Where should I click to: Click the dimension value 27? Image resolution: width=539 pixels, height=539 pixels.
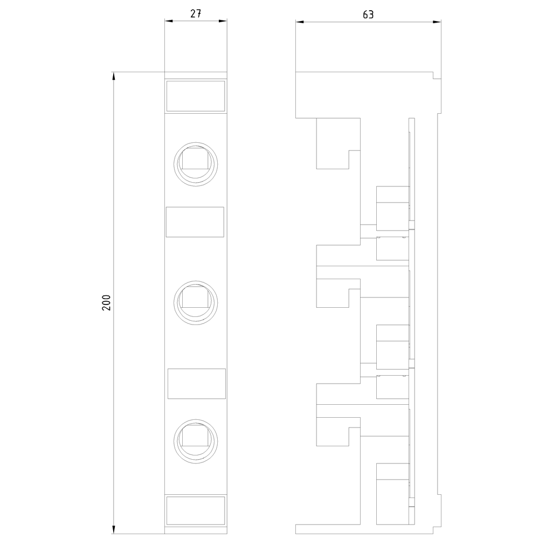tap(196, 13)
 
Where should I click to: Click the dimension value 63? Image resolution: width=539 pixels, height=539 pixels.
tap(368, 15)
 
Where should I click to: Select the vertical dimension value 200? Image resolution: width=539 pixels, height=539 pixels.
tap(106, 303)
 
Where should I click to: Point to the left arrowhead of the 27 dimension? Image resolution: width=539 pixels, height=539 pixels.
tap(169, 21)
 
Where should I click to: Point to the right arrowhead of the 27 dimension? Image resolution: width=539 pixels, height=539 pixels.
tap(223, 21)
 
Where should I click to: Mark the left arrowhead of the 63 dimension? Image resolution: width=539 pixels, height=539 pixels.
tap(300, 22)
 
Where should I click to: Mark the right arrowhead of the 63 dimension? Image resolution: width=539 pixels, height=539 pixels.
tap(437, 22)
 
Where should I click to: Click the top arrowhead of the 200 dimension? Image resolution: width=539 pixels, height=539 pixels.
tap(113, 76)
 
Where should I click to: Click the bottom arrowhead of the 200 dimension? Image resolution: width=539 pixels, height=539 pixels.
tap(113, 530)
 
